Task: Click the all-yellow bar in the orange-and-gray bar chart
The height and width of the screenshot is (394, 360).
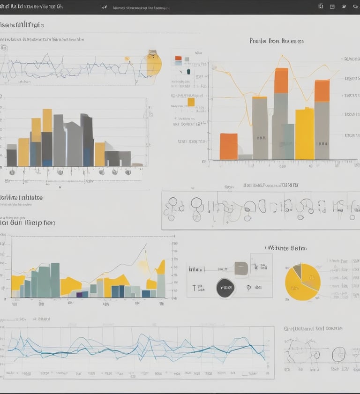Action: [x=304, y=134]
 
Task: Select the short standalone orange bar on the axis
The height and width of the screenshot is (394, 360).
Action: [x=229, y=146]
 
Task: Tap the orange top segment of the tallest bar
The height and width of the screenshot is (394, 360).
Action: [x=281, y=81]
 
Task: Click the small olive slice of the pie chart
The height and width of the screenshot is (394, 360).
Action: [x=297, y=271]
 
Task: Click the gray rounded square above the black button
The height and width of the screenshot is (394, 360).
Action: [x=241, y=268]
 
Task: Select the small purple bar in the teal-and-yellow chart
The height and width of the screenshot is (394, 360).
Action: [x=79, y=295]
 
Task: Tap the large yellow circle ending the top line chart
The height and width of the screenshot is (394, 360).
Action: [x=153, y=64]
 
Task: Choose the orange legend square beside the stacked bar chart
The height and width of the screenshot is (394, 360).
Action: [x=178, y=59]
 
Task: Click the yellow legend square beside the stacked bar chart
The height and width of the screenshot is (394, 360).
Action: [x=191, y=102]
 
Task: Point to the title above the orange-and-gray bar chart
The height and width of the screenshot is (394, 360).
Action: [x=277, y=41]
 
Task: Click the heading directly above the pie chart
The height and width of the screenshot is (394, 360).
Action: [x=286, y=248]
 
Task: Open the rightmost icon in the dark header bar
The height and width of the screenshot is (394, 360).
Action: [x=354, y=7]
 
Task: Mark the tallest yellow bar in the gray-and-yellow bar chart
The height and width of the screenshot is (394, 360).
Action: [x=47, y=120]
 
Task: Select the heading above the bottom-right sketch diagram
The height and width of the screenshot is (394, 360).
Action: [x=313, y=329]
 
